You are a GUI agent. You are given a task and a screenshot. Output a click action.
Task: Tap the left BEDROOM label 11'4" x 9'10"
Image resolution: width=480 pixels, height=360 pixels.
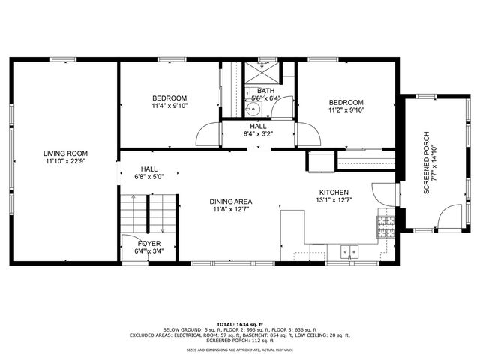pos(169,102)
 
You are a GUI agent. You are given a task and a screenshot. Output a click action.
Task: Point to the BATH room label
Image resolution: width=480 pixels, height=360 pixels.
pos(266,94)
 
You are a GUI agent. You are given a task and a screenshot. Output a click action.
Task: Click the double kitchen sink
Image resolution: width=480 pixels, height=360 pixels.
pos(349,252)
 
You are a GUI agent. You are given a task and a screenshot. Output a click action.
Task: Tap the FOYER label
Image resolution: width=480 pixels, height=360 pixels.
pos(147,247)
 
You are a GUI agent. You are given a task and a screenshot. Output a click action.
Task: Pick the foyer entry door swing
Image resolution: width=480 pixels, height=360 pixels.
pos(130,247)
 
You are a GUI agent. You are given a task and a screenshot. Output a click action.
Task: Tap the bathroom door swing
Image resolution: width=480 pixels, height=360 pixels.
pos(282,109)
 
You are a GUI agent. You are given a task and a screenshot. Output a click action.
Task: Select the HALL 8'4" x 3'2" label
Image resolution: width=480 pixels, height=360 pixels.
pos(258,130)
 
